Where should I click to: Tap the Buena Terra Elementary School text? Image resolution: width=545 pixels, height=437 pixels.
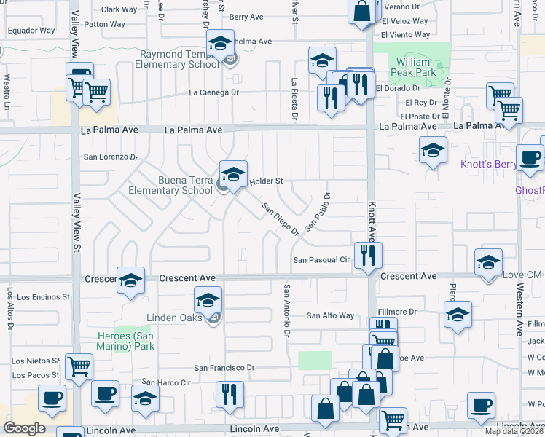point(170,185)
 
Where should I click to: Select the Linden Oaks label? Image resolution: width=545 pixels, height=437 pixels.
point(173,318)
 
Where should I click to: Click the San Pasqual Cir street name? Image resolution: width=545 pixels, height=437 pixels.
point(322,260)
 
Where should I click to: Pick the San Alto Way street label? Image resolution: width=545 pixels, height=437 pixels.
point(330,315)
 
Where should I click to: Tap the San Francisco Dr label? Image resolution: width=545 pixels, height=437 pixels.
point(224,368)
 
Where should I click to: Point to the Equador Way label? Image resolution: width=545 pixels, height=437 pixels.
point(31,31)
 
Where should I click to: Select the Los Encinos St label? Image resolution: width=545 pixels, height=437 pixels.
point(43,297)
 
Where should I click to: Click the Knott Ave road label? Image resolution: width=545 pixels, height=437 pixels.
point(371,222)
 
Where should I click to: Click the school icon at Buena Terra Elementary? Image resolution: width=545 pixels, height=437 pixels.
point(233,175)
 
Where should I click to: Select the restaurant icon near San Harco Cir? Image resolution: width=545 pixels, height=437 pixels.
point(230,394)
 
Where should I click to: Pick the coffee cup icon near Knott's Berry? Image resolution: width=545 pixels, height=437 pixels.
point(529,157)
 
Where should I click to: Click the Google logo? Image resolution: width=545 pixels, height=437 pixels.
point(24,428)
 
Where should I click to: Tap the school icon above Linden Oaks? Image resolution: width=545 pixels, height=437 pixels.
point(208,299)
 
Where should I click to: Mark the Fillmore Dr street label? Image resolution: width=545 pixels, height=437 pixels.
point(401,311)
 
